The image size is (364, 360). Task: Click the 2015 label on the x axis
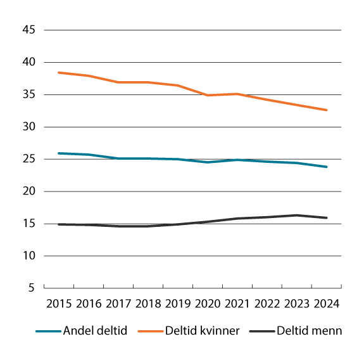click(x=58, y=303)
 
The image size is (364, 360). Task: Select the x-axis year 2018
click(x=147, y=303)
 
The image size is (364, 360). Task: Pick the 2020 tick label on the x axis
click(x=208, y=303)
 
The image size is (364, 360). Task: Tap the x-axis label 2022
click(x=267, y=303)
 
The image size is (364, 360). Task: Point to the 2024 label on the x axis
click(x=327, y=303)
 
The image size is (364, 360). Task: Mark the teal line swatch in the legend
click(x=46, y=331)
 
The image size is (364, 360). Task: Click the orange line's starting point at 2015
click(x=58, y=73)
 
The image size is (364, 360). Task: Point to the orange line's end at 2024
click(x=327, y=110)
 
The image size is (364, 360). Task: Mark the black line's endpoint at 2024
click(x=327, y=218)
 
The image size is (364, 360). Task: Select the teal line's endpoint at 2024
click(x=327, y=167)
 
